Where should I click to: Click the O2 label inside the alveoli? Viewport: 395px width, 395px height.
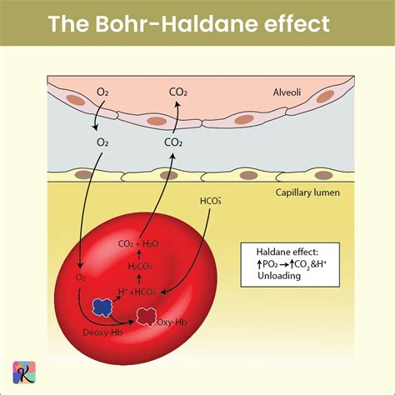(x=102, y=92)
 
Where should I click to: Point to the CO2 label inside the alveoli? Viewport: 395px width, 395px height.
(x=178, y=92)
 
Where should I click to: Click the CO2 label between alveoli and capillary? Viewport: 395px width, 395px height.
(x=174, y=142)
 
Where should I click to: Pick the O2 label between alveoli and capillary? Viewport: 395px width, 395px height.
(x=102, y=142)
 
